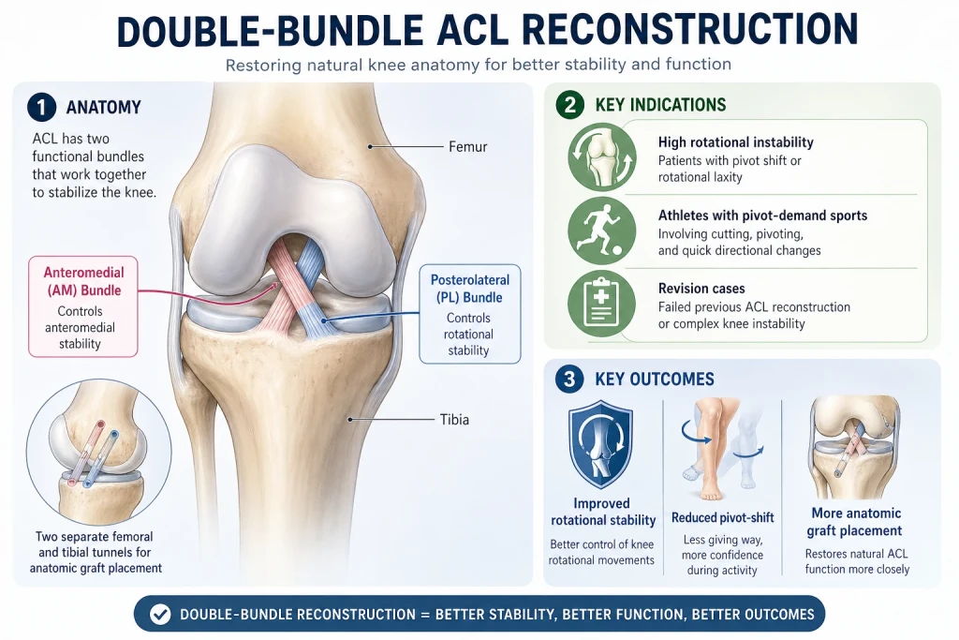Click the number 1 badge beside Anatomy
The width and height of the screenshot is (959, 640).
[41, 108]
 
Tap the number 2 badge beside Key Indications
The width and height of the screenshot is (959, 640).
[570, 105]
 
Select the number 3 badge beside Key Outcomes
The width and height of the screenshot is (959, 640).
[569, 379]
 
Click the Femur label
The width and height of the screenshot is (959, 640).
[468, 147]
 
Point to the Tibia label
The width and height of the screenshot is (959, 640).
[454, 420]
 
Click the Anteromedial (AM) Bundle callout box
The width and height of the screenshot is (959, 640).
[83, 306]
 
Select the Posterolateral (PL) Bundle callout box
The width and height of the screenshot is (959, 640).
[470, 314]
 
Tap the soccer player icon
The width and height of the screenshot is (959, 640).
[601, 231]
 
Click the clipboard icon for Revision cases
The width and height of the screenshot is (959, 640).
[601, 304]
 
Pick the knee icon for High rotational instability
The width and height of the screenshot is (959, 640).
[601, 157]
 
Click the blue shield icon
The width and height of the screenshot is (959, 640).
[600, 443]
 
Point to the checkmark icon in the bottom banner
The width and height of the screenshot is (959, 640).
[160, 614]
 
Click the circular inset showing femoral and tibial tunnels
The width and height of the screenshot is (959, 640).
[98, 452]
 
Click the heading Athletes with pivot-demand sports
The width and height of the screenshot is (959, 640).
[762, 216]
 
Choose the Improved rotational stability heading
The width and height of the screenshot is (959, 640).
[603, 512]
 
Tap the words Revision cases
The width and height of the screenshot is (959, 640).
[701, 289]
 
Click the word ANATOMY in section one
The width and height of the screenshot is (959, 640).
[103, 108]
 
